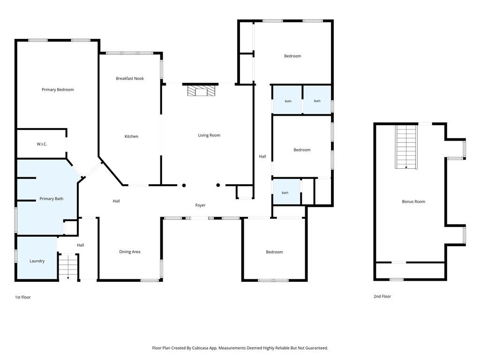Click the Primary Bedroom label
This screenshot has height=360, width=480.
tap(58, 90)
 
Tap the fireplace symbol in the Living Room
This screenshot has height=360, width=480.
tap(202, 90)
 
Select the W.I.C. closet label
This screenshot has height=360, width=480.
tap(42, 144)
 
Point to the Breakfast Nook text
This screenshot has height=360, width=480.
tap(130, 78)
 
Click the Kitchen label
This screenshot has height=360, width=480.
tap(131, 136)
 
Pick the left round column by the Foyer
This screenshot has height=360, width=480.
tap(184, 185)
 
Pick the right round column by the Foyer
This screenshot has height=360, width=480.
tap(218, 185)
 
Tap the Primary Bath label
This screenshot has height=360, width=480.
tap(52, 199)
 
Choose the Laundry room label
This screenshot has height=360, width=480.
tap(37, 261)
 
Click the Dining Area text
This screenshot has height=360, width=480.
tap(130, 252)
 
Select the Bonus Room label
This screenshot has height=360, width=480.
tap(413, 202)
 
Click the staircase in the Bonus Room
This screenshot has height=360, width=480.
tap(406, 147)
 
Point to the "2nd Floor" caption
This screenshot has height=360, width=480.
tap(382, 296)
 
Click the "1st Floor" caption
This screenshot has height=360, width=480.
tap(23, 297)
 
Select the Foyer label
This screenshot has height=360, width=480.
tap(201, 205)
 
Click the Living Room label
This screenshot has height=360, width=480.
tap(209, 135)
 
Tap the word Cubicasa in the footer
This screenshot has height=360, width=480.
tap(200, 348)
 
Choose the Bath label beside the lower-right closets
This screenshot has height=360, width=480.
tap(285, 193)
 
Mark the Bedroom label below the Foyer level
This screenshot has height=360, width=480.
tap(274, 252)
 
